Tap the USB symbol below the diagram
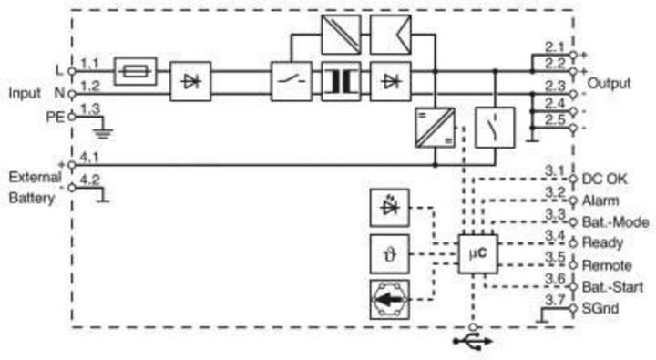(x=473, y=341)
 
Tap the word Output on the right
(x=610, y=83)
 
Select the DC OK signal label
(x=604, y=179)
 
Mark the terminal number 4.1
(x=89, y=156)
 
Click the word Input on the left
(x=26, y=93)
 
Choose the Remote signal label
(x=605, y=266)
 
